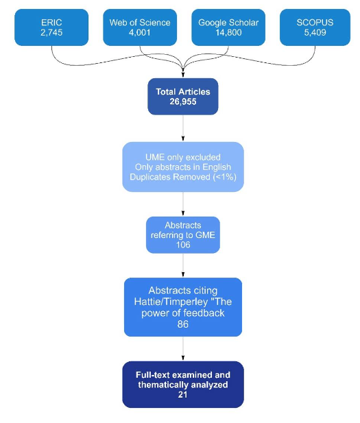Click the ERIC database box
51,27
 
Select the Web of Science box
140,27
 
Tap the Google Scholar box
228,27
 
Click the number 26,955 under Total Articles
183,101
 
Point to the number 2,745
51,32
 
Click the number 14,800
228,32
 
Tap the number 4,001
140,32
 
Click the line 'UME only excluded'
183,157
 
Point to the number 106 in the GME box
183,245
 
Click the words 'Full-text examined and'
183,375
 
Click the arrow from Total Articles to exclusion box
183,128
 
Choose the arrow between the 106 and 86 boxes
183,266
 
